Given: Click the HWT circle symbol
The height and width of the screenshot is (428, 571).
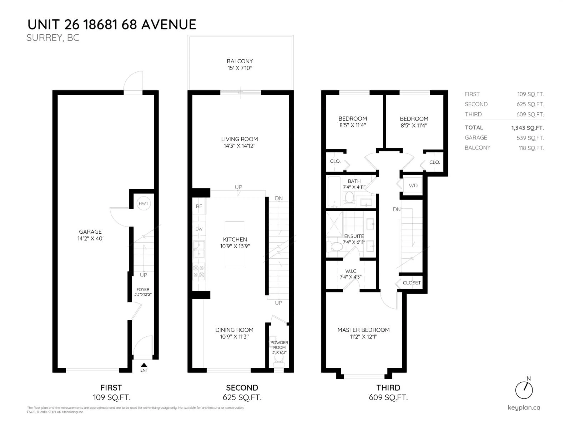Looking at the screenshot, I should pos(143,203).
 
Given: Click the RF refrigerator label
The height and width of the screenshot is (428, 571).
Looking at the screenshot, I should pos(199,206).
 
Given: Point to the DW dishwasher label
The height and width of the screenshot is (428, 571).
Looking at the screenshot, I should pos(199,229).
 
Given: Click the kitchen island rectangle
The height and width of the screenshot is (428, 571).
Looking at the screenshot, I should pos(234,244).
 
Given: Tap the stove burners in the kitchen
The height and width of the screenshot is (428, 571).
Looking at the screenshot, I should pos(199,271).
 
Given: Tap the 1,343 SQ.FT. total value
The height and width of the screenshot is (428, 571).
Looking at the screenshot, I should pos(527,128).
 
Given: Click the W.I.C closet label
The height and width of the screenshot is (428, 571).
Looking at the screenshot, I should pos(350,274).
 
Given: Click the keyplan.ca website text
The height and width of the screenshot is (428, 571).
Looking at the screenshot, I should pos(524,408).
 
